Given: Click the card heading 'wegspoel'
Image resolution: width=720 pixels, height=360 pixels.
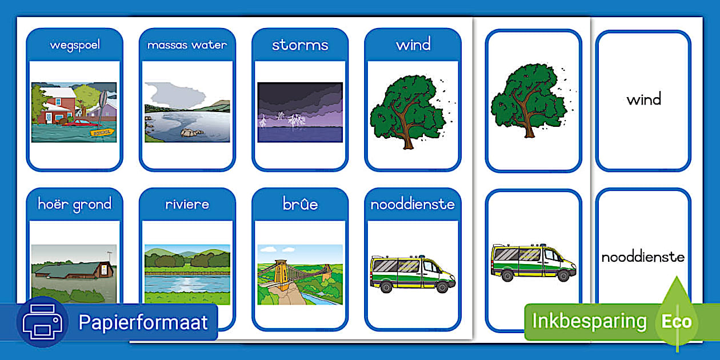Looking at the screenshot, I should [x=74, y=45].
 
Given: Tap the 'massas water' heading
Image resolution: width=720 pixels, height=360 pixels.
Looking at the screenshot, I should [x=187, y=45].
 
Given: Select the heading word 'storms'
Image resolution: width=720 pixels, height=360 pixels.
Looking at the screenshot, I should [x=300, y=45].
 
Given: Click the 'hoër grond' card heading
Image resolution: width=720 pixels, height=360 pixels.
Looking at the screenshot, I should [x=74, y=204].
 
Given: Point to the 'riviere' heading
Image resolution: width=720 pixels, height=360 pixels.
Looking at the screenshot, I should [x=187, y=204].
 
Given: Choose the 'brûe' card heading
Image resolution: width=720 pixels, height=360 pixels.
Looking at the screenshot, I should [x=300, y=204].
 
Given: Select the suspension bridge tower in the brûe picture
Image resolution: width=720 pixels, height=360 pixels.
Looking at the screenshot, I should [x=281, y=273].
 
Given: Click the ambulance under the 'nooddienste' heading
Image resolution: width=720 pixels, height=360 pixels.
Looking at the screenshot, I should [x=412, y=273].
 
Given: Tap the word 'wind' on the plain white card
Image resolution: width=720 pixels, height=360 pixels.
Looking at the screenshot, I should [x=643, y=100].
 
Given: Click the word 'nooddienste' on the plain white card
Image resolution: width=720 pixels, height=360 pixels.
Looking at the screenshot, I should [x=643, y=257].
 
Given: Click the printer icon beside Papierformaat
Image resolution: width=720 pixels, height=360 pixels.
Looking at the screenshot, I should [x=42, y=323].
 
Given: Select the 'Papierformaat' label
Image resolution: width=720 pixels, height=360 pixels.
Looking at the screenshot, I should [x=143, y=322].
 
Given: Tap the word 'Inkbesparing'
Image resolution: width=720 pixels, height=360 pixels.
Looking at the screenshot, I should [x=589, y=321].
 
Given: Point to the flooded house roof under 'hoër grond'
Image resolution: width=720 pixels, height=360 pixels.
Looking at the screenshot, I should [x=69, y=267].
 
